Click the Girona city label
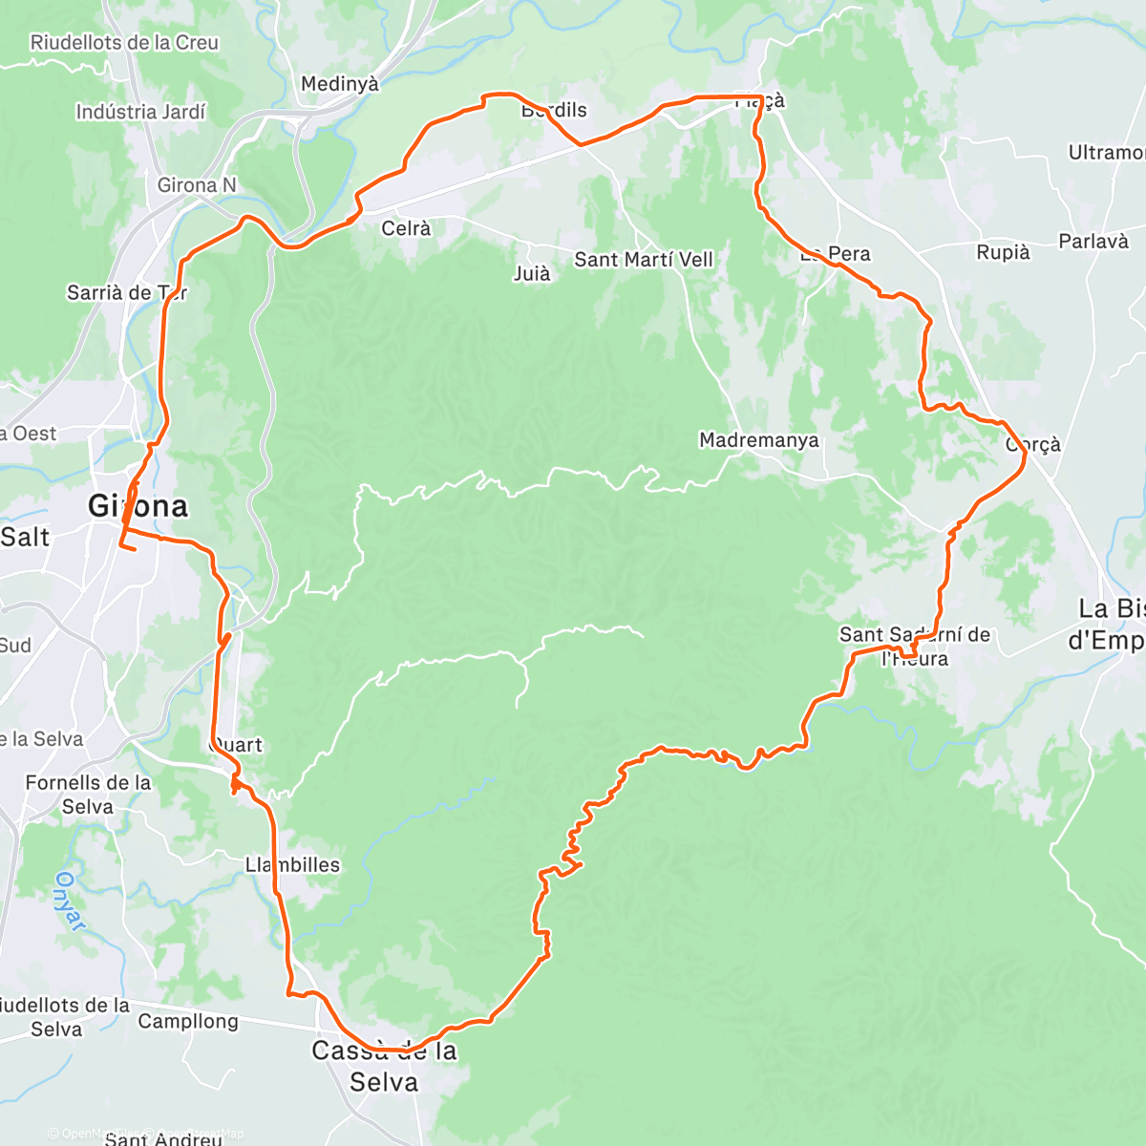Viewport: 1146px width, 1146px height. pos(138,505)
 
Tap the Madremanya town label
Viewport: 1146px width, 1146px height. pos(758,440)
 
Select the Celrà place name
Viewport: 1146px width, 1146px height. pos(406,228)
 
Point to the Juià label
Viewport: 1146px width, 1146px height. pos(532,274)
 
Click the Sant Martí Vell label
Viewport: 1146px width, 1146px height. pos(643,260)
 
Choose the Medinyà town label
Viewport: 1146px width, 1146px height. pos(340,84)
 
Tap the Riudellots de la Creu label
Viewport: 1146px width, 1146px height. pos(124,43)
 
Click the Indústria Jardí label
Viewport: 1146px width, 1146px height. pos(140,112)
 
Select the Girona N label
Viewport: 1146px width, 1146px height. pos(197,185)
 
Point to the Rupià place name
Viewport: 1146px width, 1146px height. pos(1003,252)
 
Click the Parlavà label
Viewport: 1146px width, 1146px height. pos(1093,242)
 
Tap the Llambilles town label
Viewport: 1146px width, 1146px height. pos(292,864)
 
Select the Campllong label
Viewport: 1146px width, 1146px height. pos(188,1021)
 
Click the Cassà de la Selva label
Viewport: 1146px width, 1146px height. pos(384,1066)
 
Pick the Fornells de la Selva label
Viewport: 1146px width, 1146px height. pos(88,795)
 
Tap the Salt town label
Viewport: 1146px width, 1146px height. pos(25,537)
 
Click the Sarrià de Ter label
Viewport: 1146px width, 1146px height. pos(127,292)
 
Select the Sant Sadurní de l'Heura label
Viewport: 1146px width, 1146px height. pos(914,646)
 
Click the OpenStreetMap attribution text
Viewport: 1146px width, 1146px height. pos(191,1134)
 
